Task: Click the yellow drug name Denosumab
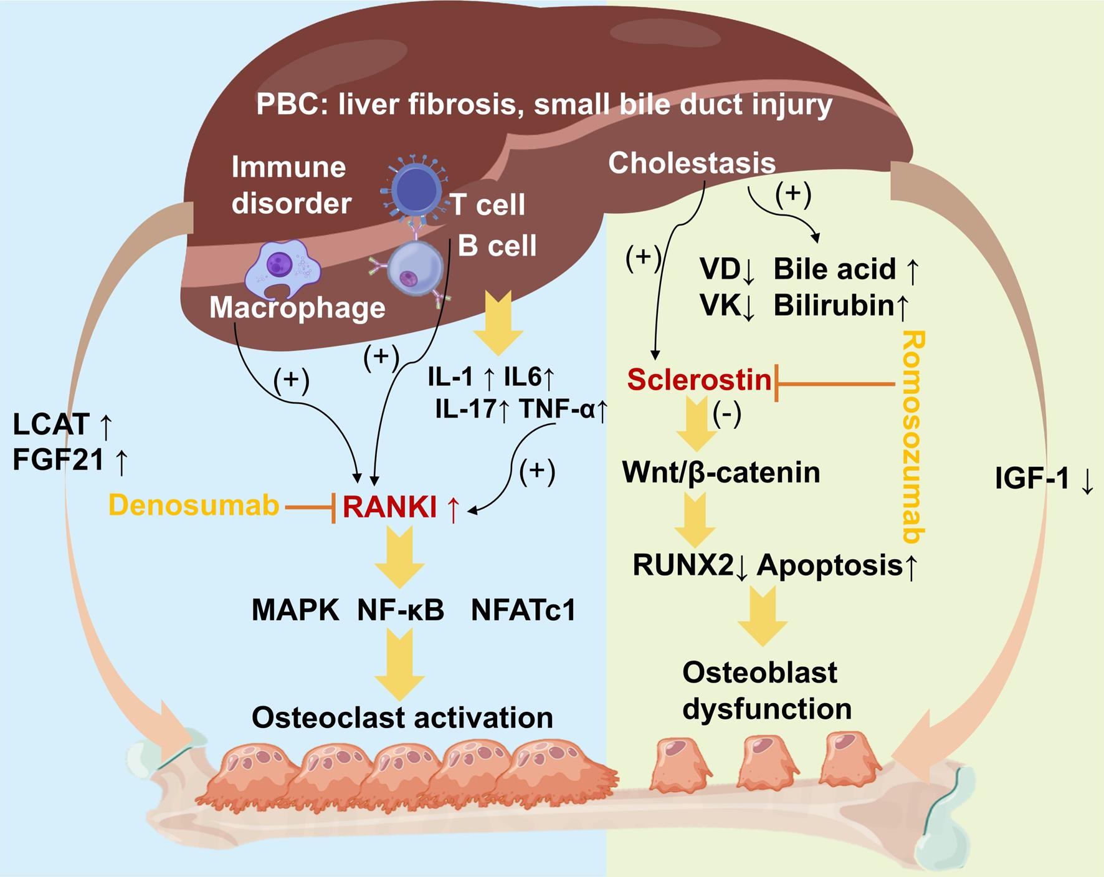tap(194, 506)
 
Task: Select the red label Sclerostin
tap(699, 380)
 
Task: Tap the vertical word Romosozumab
tap(913, 436)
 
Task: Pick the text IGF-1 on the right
tap(1032, 480)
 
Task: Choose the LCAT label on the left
tap(51, 425)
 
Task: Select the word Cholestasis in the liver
tap(692, 163)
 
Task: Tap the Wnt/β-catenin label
tap(721, 472)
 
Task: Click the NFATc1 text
tap(523, 611)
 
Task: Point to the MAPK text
tap(295, 611)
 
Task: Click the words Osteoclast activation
tap(402, 718)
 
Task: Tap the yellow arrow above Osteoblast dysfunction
tap(763, 616)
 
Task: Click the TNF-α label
tap(556, 410)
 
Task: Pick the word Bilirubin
tap(834, 306)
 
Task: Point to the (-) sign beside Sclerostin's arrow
tap(726, 414)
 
